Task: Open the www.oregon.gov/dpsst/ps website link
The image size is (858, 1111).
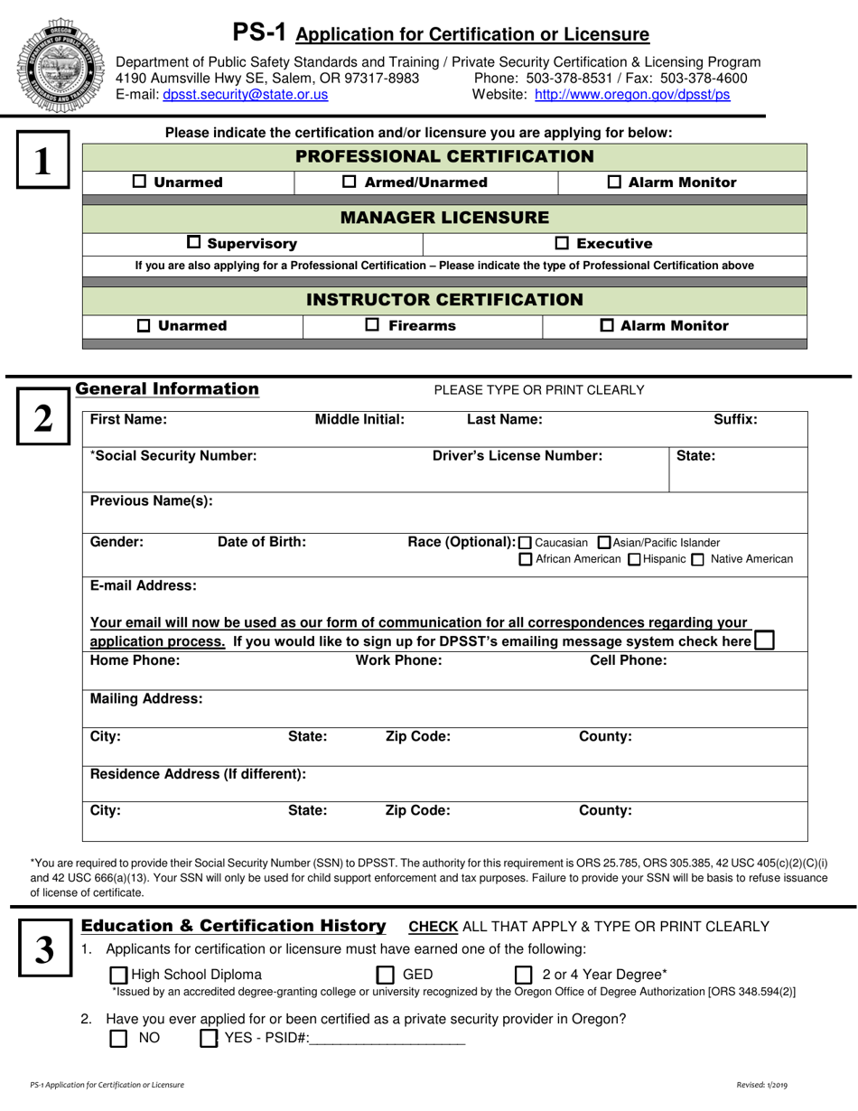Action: tap(632, 94)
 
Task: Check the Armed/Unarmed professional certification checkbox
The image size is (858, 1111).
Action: tap(350, 182)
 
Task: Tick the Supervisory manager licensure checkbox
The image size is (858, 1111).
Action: tap(194, 242)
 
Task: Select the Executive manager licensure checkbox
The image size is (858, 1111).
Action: tap(561, 243)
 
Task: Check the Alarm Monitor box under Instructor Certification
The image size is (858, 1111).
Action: tap(608, 325)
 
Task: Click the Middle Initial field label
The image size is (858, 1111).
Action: tap(359, 419)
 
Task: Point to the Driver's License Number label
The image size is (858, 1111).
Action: tap(518, 456)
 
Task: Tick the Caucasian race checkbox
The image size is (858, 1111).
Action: tap(527, 543)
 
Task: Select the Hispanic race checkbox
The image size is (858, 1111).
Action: tap(634, 560)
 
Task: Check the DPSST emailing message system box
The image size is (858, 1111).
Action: tap(764, 640)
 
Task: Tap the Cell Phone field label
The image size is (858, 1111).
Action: tap(628, 660)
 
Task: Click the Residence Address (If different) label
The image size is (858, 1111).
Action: tap(199, 774)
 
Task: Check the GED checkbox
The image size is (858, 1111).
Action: tap(386, 975)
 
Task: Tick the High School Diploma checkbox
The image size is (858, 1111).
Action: tap(118, 975)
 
